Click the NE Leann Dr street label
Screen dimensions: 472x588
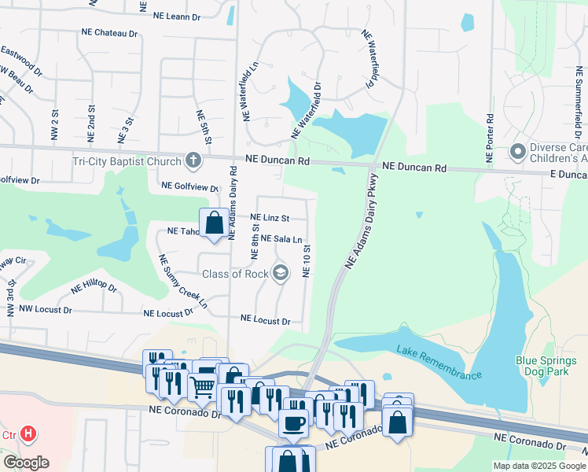coord(177,16)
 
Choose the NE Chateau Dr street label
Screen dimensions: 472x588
coord(109,34)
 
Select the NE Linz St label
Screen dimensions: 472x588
coord(270,218)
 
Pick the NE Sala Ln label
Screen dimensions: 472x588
coord(281,238)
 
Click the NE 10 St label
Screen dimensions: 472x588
coord(307,260)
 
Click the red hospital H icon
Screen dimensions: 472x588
coord(29,433)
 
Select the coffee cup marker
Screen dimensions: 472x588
coord(294,422)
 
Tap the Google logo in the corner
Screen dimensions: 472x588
coord(25,463)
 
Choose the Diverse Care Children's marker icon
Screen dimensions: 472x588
coord(518,150)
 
